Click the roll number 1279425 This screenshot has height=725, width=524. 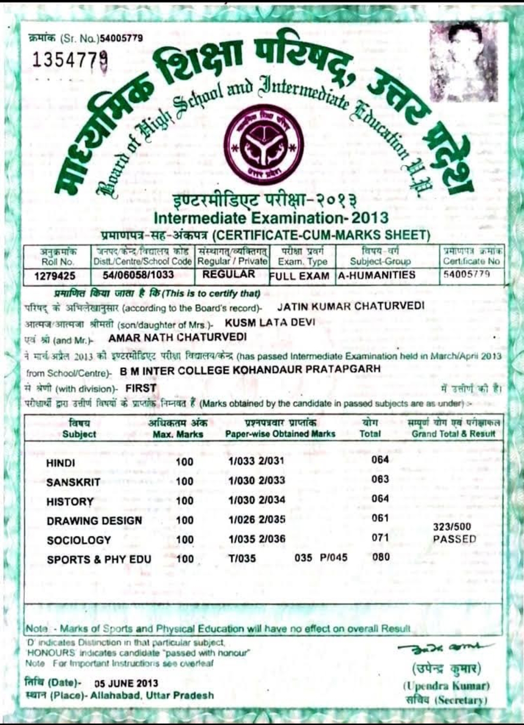pyautogui.click(x=55, y=276)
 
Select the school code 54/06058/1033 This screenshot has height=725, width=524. pyautogui.click(x=138, y=275)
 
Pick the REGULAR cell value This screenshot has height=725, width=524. pyautogui.click(x=229, y=274)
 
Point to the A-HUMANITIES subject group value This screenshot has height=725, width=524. pyautogui.click(x=377, y=275)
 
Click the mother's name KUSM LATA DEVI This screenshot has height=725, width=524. pyautogui.click(x=270, y=322)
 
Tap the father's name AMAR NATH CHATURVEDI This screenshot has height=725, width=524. pyautogui.click(x=178, y=337)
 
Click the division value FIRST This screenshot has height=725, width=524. pyautogui.click(x=141, y=388)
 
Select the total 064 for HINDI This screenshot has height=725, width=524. pyautogui.click(x=380, y=460)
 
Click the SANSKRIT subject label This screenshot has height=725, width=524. pyautogui.click(x=73, y=482)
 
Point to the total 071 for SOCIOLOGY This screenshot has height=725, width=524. pyautogui.click(x=380, y=537)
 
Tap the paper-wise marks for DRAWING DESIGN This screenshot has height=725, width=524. pyautogui.click(x=257, y=519)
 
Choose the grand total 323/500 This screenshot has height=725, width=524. pyautogui.click(x=452, y=527)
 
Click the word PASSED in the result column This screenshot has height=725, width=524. pyautogui.click(x=454, y=539)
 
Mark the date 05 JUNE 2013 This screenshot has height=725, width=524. pyautogui.click(x=126, y=683)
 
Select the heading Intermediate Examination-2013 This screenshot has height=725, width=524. pyautogui.click(x=271, y=217)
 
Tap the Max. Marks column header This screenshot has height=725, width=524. pyautogui.click(x=178, y=434)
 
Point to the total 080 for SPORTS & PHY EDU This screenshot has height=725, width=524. pyautogui.click(x=381, y=557)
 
